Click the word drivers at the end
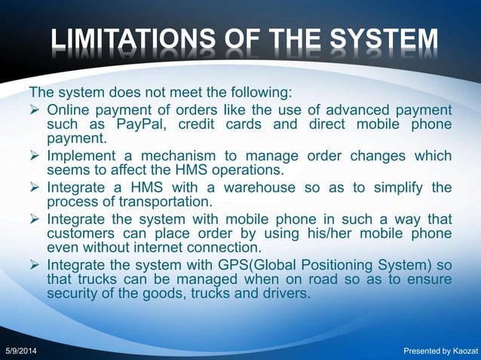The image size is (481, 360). [285, 294]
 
